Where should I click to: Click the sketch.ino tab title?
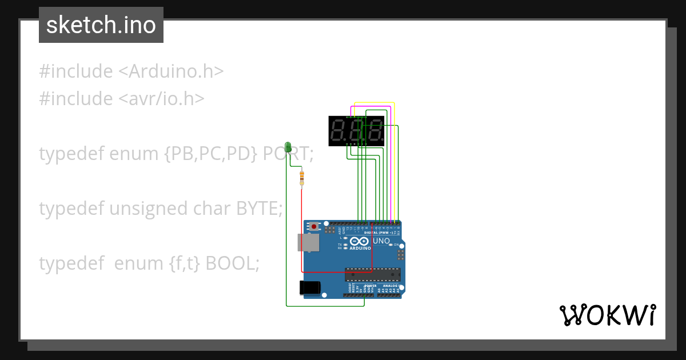tap(101, 25)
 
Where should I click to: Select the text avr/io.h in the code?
tap(161, 99)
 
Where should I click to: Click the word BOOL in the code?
tap(232, 263)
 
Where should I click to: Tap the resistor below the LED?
tap(302, 178)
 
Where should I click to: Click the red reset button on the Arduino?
tap(313, 227)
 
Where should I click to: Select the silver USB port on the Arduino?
tap(308, 242)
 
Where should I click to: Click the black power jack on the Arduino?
tap(309, 287)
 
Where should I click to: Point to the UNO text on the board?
tap(381, 241)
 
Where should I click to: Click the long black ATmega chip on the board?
tap(372, 274)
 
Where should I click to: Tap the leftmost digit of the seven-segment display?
tap(338, 131)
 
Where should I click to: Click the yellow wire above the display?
tap(374, 103)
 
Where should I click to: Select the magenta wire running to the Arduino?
tap(390, 171)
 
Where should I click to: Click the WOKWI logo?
tap(607, 315)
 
